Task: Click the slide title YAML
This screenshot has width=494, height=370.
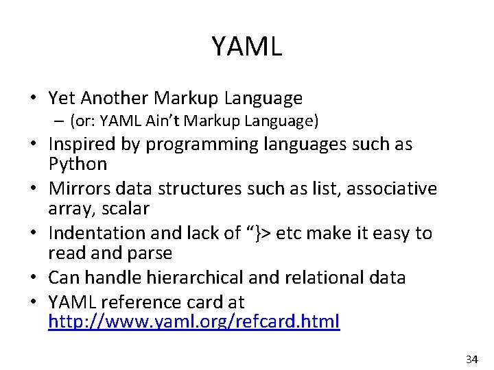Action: [247, 47]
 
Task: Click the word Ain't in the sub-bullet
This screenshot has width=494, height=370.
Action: [161, 122]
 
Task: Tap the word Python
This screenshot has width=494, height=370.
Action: [78, 164]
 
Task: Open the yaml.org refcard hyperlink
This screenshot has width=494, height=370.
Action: [193, 321]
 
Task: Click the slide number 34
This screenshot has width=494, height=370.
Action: [472, 359]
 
